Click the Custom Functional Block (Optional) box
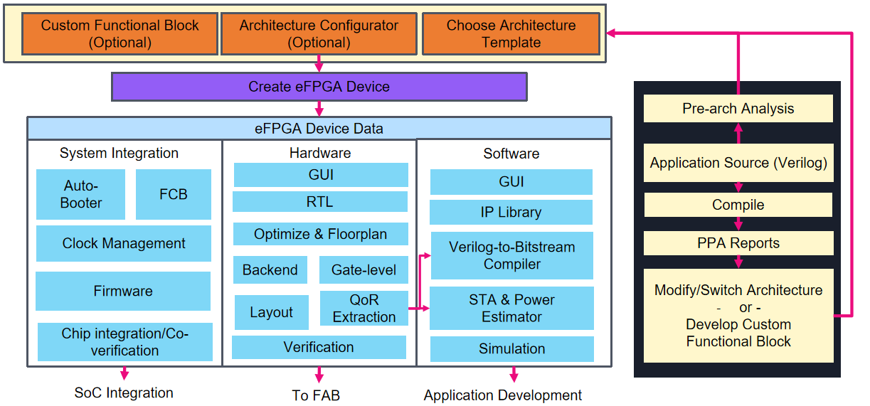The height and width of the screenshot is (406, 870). click(x=120, y=34)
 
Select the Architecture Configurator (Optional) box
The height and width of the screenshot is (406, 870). click(x=318, y=34)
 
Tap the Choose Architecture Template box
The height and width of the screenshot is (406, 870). click(x=511, y=34)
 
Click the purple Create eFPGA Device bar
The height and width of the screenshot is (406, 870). click(x=319, y=87)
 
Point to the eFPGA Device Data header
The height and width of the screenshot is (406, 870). click(x=319, y=129)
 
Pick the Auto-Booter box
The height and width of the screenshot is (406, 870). click(x=80, y=194)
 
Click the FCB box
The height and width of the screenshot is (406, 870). click(x=173, y=194)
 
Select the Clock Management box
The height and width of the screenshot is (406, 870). click(x=123, y=243)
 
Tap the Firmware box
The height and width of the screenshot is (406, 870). click(x=123, y=291)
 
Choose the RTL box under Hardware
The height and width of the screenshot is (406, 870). click(x=319, y=202)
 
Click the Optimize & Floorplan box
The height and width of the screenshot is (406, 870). click(x=320, y=234)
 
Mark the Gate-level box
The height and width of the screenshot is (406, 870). click(x=364, y=270)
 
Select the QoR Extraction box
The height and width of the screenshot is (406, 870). click(x=364, y=309)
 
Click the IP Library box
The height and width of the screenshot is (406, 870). click(x=511, y=212)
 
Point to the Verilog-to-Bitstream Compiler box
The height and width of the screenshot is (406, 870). click(x=511, y=255)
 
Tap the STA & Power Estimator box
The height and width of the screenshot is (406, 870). click(x=511, y=308)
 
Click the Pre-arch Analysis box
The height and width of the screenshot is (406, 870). click(x=738, y=109)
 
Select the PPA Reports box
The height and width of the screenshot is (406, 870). click(x=738, y=243)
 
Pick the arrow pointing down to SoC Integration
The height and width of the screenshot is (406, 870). click(x=124, y=373)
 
